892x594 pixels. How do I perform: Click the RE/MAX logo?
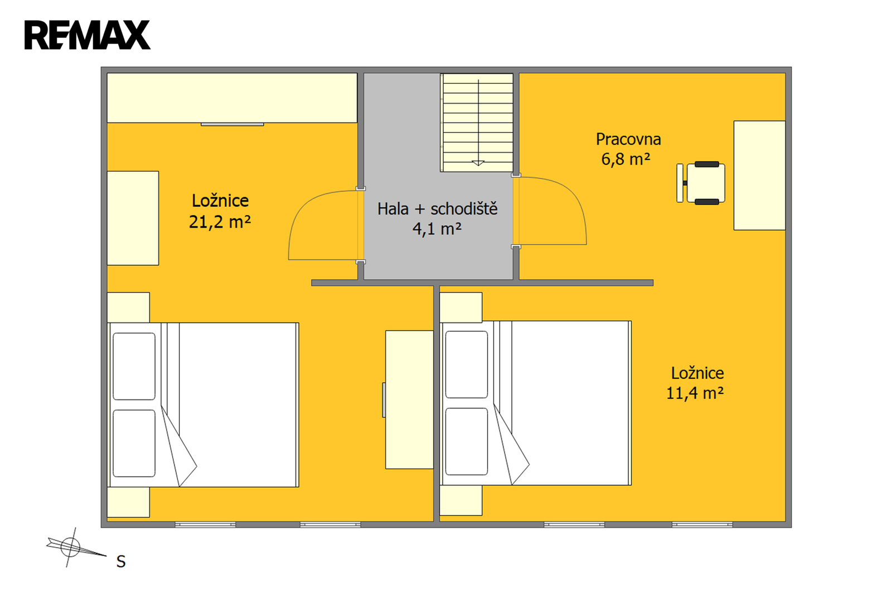click(87, 35)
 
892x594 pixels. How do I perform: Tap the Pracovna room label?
click(628, 139)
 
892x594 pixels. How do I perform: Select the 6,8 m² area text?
click(626, 159)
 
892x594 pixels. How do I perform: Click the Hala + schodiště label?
click(437, 208)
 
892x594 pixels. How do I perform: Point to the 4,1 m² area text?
click(437, 228)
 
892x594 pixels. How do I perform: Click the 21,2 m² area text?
click(220, 222)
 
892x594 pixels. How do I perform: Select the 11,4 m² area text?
click(695, 393)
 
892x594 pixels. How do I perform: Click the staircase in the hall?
click(477, 123)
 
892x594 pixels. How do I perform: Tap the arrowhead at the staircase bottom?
click(478, 163)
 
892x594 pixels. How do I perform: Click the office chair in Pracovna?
click(701, 183)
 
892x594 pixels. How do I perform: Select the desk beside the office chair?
click(759, 175)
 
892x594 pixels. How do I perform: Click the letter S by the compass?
click(120, 562)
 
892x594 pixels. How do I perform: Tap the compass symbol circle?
click(70, 547)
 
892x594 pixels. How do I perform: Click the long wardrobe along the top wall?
click(232, 98)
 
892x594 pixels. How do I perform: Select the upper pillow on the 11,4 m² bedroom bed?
click(466, 364)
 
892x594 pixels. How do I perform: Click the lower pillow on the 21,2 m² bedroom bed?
click(134, 443)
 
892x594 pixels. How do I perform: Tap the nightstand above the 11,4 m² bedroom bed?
click(460, 308)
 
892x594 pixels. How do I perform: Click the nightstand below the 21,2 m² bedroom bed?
click(128, 502)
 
